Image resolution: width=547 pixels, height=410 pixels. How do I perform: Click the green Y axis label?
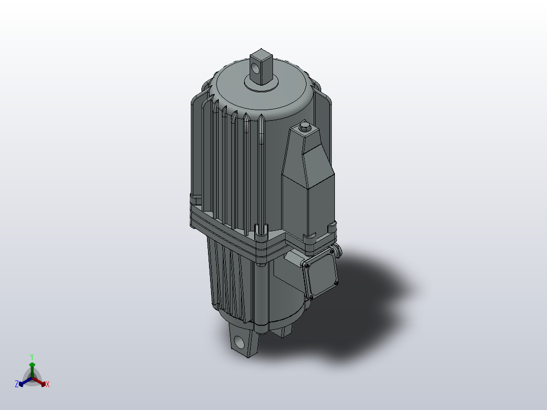[32, 356]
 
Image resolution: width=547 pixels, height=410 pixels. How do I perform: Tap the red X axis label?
[47, 385]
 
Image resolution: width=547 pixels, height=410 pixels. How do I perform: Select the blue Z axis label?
[17, 385]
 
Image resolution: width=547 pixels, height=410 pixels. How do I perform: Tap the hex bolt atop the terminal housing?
[305, 126]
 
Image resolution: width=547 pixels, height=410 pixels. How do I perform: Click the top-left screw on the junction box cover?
[307, 265]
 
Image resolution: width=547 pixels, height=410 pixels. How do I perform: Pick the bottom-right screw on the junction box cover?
[335, 282]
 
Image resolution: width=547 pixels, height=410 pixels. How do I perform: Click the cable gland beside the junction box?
[336, 251]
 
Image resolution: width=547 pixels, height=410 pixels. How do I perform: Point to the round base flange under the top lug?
[261, 84]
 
